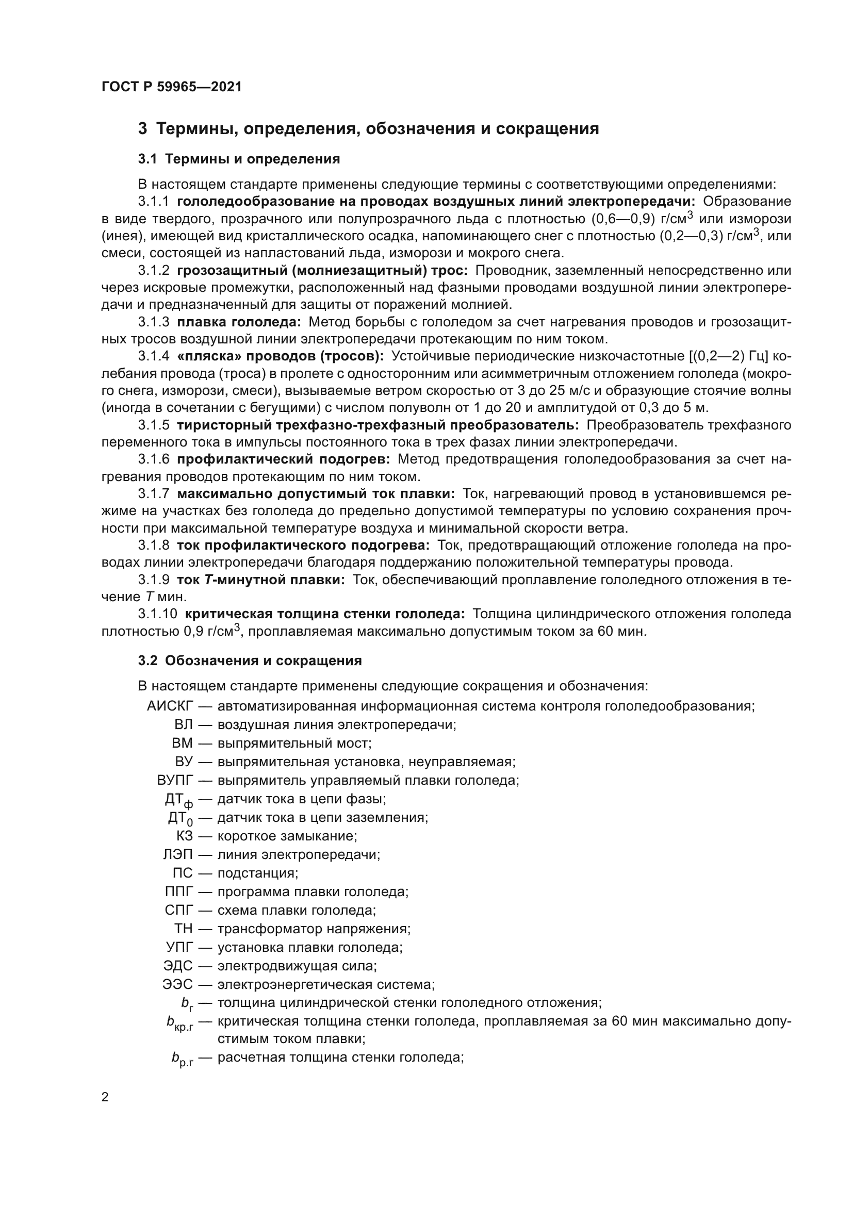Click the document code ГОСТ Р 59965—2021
tap(172, 87)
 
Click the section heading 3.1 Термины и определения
tap(239, 159)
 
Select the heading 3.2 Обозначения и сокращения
tap(250, 660)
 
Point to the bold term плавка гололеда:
tap(239, 322)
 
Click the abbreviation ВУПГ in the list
tap(175, 780)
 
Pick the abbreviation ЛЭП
tap(178, 854)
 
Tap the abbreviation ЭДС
tap(178, 966)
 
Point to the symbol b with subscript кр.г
tap(179, 1022)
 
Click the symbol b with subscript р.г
tap(182, 1060)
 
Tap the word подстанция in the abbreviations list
tap(257, 873)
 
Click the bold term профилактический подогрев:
tap(283, 459)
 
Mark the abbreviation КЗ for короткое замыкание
tap(184, 836)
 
